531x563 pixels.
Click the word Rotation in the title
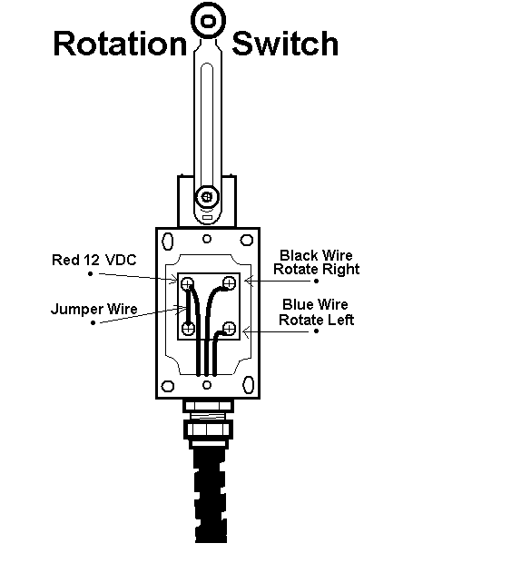pos(121,44)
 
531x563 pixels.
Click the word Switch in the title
pos(285,44)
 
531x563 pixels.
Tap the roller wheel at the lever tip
pos(208,21)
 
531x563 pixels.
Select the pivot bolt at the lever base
pos(206,197)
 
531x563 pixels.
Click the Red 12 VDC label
pos(94,260)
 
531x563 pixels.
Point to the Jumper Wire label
pos(94,309)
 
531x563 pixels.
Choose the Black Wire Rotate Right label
pos(316,262)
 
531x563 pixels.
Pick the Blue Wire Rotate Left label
pos(316,312)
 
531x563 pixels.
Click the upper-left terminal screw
pos(187,284)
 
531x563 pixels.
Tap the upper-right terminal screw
pos(229,283)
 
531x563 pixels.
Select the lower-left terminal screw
pos(188,328)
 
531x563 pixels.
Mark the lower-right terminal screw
pos(229,328)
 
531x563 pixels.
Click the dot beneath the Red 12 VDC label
pos(91,274)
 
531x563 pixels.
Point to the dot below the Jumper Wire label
pos(93,322)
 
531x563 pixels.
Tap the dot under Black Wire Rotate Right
pos(316,281)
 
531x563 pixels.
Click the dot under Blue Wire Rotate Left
pos(316,331)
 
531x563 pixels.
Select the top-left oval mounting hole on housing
pos(168,241)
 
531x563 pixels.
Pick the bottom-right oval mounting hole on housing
pos(249,385)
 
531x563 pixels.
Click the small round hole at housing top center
pos(207,239)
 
